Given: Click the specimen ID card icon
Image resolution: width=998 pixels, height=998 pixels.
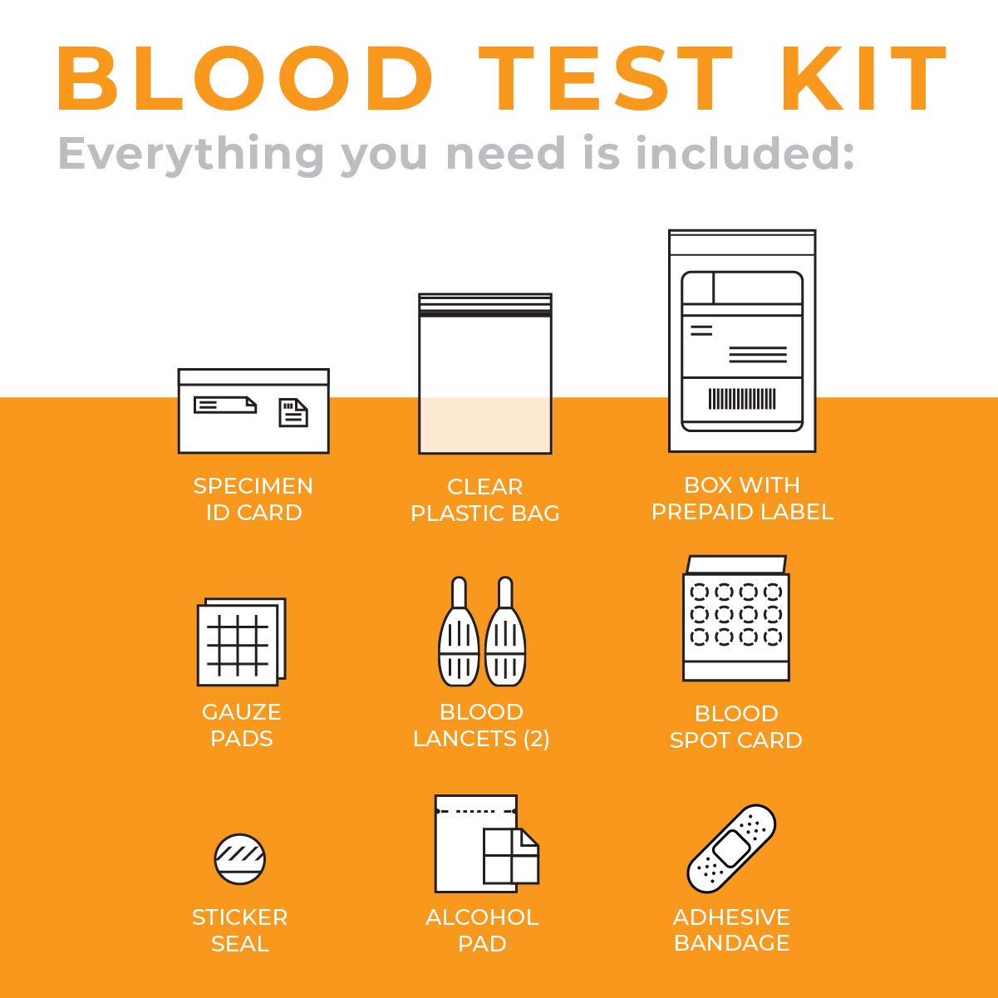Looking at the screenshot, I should [x=253, y=411].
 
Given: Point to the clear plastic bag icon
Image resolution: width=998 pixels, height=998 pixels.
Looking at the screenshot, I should [x=485, y=374].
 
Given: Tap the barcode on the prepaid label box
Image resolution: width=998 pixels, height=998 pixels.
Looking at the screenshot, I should [x=742, y=400].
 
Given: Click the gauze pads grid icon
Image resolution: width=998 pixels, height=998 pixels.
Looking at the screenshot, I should [x=241, y=642].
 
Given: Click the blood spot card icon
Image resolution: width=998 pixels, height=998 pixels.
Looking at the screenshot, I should [x=736, y=619].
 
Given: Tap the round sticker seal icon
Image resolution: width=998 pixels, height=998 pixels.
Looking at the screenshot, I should [x=239, y=858].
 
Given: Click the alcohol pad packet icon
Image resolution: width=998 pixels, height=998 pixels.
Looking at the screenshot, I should [x=486, y=843].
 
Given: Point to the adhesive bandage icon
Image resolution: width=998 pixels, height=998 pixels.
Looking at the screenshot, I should [x=731, y=848].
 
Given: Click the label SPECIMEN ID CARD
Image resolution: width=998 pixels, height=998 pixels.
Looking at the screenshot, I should [x=253, y=499].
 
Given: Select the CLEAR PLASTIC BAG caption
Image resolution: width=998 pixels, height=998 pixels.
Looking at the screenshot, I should [x=485, y=499].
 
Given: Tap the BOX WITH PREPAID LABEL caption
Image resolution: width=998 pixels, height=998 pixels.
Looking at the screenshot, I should [x=742, y=498].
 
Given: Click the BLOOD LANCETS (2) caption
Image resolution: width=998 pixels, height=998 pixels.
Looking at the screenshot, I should [x=481, y=725].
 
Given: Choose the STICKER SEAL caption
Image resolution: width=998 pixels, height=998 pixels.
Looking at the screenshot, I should [x=239, y=930].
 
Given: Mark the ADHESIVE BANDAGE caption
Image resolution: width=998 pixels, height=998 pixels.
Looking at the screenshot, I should [x=731, y=930].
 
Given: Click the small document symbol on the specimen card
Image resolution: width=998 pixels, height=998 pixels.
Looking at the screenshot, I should [x=293, y=412].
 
